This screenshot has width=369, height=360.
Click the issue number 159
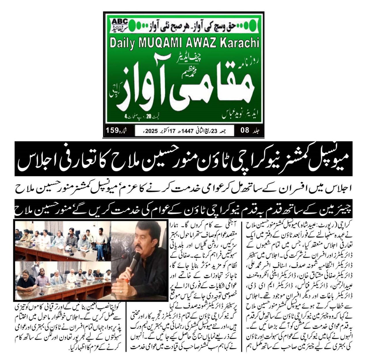(112, 130)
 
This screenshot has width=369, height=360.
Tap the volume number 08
(245, 130)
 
